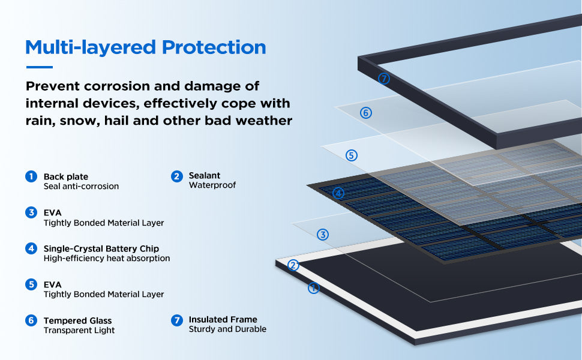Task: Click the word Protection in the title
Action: (x=214, y=48)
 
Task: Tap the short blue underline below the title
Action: (x=40, y=67)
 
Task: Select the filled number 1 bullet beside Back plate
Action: (x=31, y=176)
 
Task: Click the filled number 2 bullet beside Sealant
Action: (x=176, y=176)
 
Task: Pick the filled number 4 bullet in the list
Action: (x=31, y=248)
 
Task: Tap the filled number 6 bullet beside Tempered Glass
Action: (x=31, y=320)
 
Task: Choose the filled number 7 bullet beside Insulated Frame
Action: (x=176, y=320)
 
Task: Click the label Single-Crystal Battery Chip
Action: (x=101, y=248)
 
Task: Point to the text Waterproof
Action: (x=212, y=185)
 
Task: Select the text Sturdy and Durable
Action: (x=227, y=329)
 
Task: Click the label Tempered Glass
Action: (x=77, y=320)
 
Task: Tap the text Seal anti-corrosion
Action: (x=81, y=187)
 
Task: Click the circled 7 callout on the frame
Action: (x=384, y=79)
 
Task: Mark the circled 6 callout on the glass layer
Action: (x=366, y=113)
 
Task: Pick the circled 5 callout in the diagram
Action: (x=352, y=155)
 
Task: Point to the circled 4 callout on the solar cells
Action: (x=338, y=193)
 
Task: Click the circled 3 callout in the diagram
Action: (x=323, y=235)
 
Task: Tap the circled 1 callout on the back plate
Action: (x=314, y=288)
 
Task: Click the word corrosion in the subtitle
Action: (x=116, y=86)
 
